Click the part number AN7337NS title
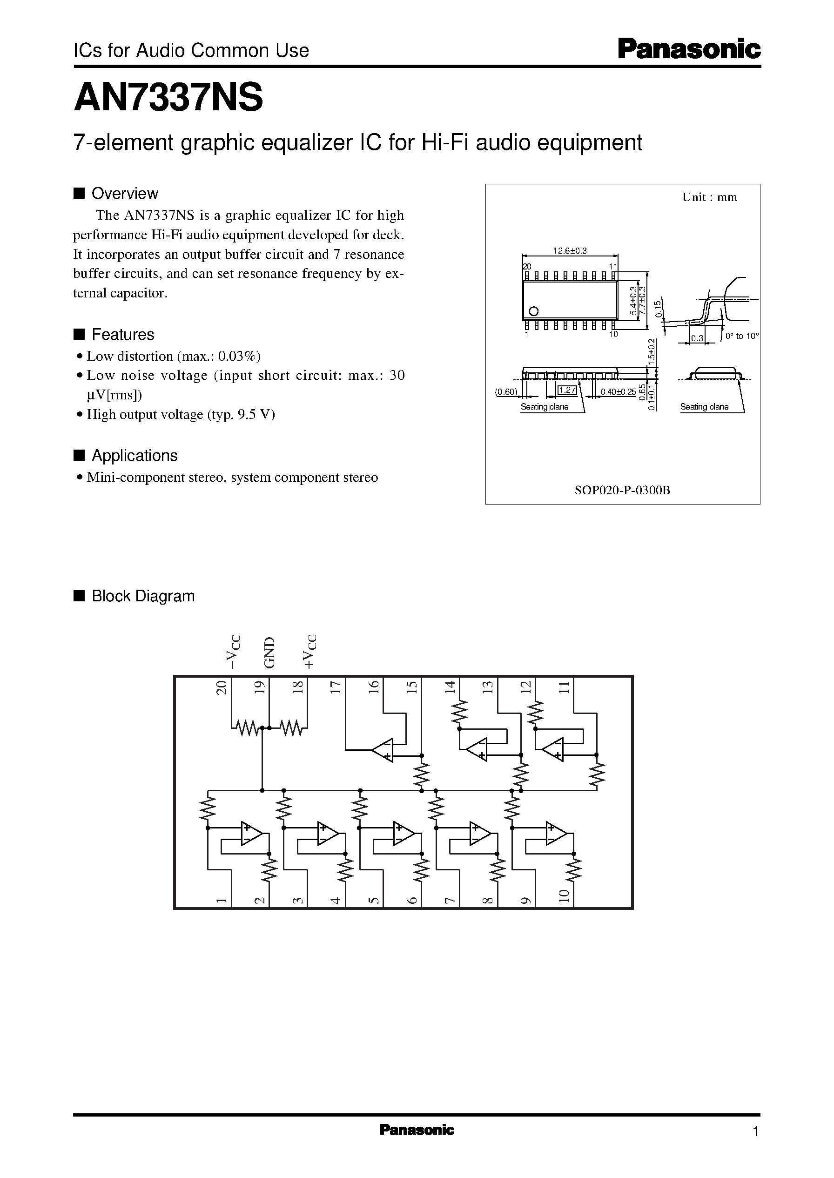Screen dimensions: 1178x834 (168, 99)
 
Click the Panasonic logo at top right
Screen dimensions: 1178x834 (689, 50)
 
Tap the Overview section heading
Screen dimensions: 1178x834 (124, 194)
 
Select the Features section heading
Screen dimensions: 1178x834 (122, 335)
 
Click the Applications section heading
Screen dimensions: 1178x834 (134, 456)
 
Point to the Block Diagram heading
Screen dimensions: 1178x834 (143, 596)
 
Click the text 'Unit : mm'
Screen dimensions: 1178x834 (709, 197)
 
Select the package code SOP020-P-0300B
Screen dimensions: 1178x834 (622, 490)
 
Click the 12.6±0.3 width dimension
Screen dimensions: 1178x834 (570, 250)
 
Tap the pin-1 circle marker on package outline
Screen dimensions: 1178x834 (533, 311)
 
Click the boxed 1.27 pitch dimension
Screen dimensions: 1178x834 (567, 390)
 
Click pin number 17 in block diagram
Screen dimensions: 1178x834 (335, 687)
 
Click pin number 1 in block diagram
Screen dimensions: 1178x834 (222, 900)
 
